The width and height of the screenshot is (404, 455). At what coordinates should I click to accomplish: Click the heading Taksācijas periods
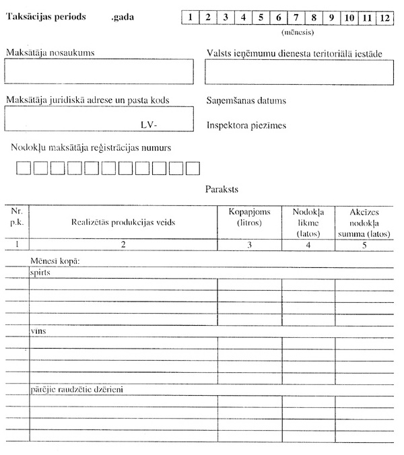pyautogui.click(x=45, y=16)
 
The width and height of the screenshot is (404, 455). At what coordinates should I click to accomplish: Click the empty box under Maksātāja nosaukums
pyautogui.click(x=99, y=71)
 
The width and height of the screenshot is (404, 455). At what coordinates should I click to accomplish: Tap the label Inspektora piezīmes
pyautogui.click(x=246, y=126)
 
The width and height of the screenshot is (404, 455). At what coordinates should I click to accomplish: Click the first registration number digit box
pyautogui.click(x=24, y=168)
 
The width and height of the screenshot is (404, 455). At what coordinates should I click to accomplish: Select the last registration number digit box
pyautogui.click(x=193, y=168)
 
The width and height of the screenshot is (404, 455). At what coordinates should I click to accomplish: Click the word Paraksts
pyautogui.click(x=222, y=190)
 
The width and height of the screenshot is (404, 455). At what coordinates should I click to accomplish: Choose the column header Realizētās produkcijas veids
pyautogui.click(x=123, y=222)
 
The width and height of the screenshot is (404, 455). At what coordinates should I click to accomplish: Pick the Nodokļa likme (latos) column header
pyautogui.click(x=308, y=222)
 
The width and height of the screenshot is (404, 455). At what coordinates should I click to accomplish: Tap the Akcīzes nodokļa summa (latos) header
pyautogui.click(x=364, y=222)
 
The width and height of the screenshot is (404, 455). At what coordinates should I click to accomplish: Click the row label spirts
pyautogui.click(x=40, y=273)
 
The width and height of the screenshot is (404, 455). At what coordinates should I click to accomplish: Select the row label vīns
pyautogui.click(x=38, y=331)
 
